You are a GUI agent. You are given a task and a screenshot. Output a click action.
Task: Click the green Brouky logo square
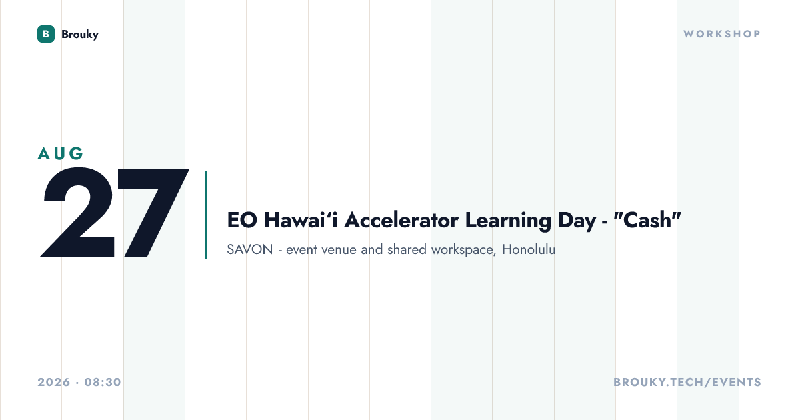pos(46,34)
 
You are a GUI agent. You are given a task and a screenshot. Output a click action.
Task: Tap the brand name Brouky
pos(80,34)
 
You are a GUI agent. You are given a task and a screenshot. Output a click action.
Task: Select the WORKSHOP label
pos(722,34)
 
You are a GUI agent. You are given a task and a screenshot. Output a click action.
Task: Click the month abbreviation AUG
pos(61,153)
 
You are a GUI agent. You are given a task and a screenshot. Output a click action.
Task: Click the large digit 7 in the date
pos(153,213)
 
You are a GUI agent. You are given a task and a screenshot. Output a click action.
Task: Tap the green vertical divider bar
pos(206,215)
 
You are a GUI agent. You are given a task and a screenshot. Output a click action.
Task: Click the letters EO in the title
pos(242,220)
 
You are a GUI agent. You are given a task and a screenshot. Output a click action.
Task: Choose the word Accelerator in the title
pos(401,219)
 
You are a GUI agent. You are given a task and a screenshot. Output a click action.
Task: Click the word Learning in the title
pos(508,221)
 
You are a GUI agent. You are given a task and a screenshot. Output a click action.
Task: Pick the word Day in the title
pos(577,221)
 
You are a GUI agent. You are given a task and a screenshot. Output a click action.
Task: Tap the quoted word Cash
pos(647,219)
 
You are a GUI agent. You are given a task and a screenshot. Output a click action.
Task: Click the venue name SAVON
pos(250,249)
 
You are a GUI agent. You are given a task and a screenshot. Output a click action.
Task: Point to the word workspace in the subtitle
pos(463,250)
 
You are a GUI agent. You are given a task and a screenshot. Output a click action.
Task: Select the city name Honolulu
pos(529,249)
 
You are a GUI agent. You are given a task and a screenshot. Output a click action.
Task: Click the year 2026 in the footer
pos(54,382)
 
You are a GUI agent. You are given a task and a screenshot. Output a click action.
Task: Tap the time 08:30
pos(103,382)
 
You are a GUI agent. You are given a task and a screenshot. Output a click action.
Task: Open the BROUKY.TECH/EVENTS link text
pos(687,382)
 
